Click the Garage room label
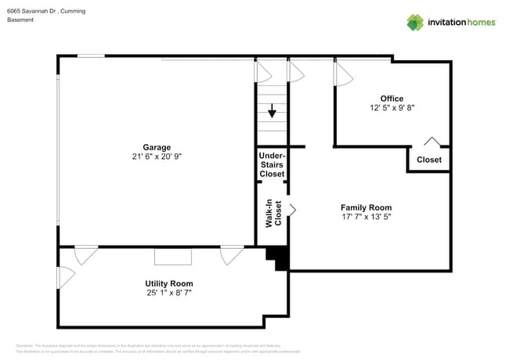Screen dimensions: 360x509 (157, 147)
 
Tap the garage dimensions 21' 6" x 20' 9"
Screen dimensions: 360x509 (157, 157)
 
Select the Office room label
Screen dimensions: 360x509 (392, 99)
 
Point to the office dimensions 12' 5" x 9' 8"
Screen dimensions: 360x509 (392, 108)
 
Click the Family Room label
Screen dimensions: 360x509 (366, 207)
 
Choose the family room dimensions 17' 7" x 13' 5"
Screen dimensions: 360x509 (366, 217)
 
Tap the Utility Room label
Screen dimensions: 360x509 (168, 283)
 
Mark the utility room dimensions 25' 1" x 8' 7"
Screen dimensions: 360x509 (168, 293)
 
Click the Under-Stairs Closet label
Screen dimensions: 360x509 (272, 164)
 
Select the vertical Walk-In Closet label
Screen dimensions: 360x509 (273, 214)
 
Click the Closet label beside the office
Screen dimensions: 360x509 (428, 160)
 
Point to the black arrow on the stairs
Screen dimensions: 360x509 (272, 111)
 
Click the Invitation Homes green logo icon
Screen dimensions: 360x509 (416, 22)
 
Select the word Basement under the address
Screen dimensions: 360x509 (20, 20)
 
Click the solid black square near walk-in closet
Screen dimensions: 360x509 (277, 257)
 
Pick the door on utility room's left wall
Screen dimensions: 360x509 (66, 275)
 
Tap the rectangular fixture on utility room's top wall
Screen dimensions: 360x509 (172, 256)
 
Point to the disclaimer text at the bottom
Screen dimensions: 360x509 (157, 349)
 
